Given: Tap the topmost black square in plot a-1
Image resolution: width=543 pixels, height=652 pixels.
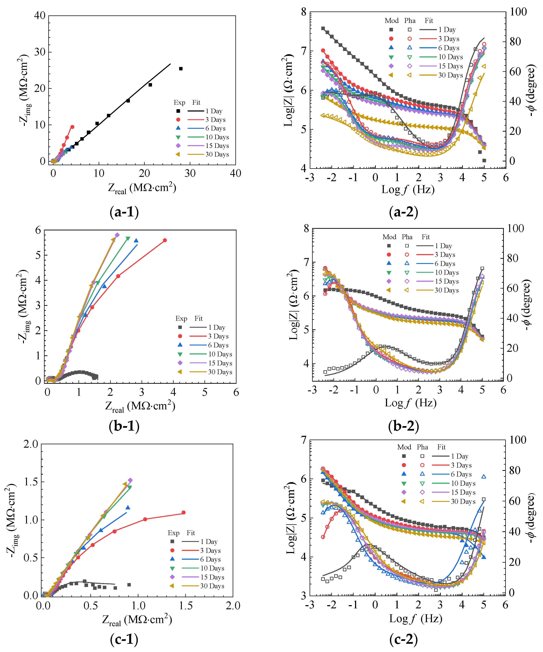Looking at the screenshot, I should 181,69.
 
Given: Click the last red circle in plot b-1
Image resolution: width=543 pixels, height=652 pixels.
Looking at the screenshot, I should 165,240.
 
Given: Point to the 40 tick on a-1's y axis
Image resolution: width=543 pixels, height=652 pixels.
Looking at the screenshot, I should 40,15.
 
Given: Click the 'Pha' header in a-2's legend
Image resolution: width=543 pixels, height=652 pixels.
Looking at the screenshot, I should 410,20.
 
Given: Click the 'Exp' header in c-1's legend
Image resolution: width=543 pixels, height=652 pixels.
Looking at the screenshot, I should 174,533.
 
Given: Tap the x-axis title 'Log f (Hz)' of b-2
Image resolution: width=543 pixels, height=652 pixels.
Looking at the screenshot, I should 411,403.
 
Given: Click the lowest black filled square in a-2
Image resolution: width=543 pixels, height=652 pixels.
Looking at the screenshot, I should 484,161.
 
